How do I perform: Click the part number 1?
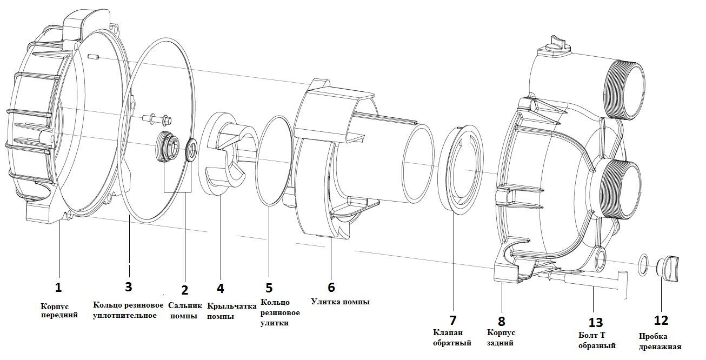click(x=58, y=287)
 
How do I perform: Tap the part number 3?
click(x=128, y=286)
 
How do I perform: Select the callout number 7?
click(x=452, y=320)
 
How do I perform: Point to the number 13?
click(x=595, y=322)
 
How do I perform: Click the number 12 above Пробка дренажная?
click(x=661, y=321)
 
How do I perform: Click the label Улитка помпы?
click(x=340, y=302)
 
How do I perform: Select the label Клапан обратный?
click(x=452, y=338)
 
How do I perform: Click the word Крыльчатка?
click(x=232, y=306)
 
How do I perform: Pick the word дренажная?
click(x=660, y=347)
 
